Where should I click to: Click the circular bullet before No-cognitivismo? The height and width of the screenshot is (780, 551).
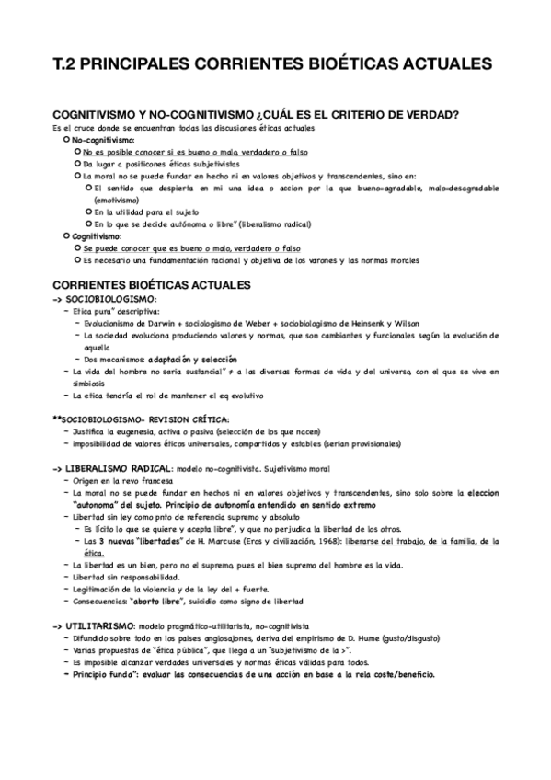pos(65,139)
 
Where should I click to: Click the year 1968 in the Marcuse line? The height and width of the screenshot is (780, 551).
pos(324,542)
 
